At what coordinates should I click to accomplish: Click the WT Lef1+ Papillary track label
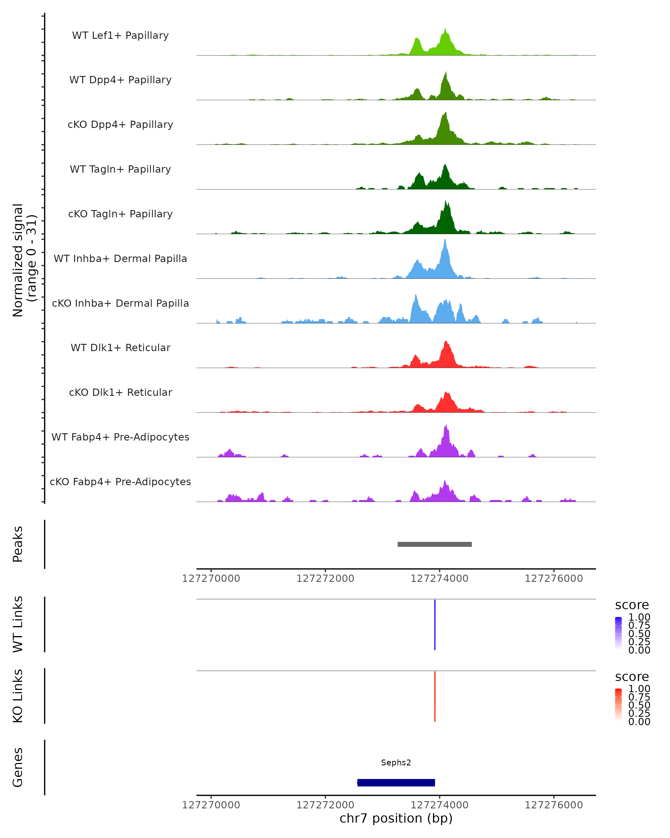point(120,35)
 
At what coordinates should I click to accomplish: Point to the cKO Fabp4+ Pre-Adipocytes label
point(120,482)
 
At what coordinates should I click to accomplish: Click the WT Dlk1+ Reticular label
point(120,347)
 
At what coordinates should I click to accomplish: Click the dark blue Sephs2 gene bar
point(396,782)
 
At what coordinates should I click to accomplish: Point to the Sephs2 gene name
point(396,763)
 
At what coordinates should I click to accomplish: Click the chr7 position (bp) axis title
point(396,818)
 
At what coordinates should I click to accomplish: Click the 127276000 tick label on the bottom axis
point(554,805)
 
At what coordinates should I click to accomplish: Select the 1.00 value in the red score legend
point(639,689)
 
